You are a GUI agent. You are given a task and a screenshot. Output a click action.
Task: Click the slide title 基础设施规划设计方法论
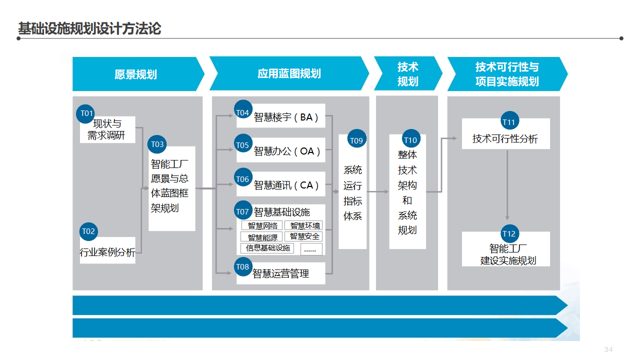point(89,28)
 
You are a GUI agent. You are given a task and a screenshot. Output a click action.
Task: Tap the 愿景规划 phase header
point(135,74)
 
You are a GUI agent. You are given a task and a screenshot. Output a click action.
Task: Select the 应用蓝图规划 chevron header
point(289,73)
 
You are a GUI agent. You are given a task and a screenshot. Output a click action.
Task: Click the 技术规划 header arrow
point(407,74)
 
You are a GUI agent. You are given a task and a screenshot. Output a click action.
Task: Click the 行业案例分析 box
point(107,252)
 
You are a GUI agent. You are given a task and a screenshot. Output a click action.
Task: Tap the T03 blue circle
point(157,144)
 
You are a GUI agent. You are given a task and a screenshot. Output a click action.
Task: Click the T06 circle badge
point(243,179)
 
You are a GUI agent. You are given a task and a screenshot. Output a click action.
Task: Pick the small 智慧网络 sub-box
point(262,226)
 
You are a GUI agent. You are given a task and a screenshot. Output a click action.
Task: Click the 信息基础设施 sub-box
point(268,248)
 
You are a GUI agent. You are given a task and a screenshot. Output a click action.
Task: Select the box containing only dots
point(311,249)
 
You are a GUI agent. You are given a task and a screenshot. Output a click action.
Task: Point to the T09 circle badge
point(356,140)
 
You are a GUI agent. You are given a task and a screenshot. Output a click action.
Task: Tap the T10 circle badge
point(410,140)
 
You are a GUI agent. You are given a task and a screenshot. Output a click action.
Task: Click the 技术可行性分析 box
point(505,138)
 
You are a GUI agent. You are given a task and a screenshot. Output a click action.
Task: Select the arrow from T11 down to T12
point(507,185)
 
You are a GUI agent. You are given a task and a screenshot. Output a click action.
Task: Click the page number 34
point(608,349)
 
